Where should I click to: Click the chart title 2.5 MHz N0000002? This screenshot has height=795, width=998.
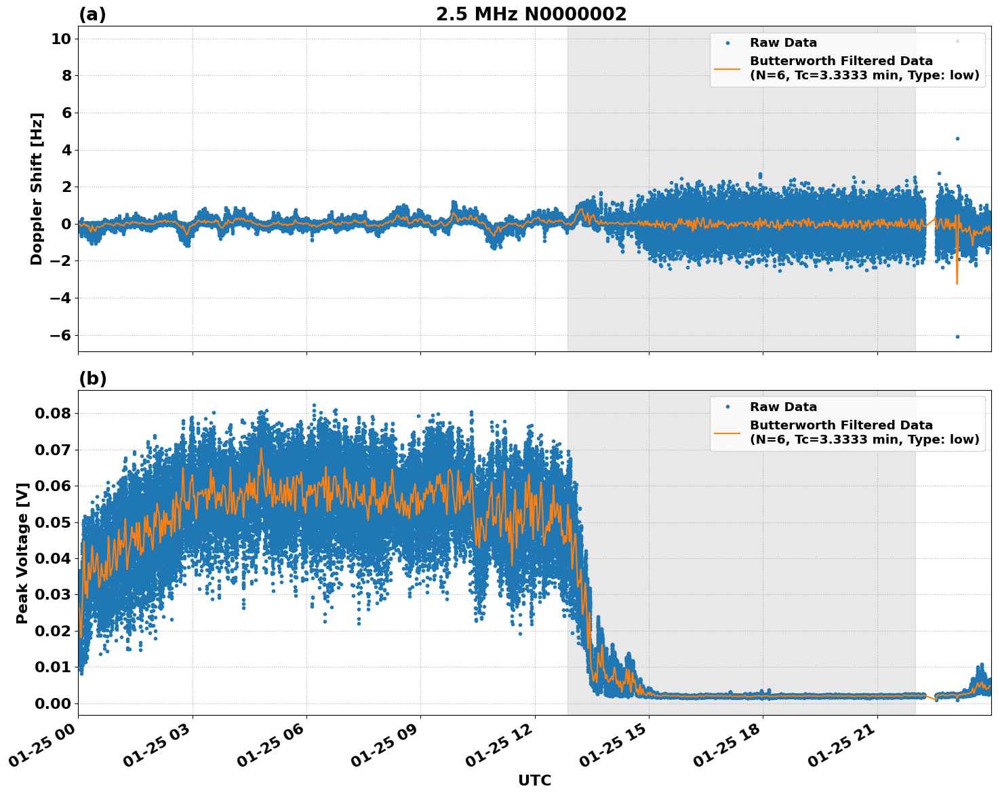point(531,14)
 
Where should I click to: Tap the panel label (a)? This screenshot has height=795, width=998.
point(92,14)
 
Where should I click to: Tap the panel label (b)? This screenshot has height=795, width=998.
point(92,379)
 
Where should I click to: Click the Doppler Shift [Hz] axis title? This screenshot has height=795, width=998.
point(37,189)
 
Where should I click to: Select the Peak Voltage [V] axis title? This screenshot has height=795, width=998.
point(22,553)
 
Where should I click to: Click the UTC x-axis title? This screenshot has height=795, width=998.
point(534,780)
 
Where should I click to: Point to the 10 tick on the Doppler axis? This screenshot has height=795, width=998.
point(61,39)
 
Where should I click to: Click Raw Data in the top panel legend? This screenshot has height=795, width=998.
point(783,43)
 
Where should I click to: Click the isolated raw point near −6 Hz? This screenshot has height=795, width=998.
point(957,336)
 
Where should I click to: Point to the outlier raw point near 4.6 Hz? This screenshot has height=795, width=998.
point(957,138)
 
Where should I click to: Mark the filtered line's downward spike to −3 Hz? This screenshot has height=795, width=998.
point(957,282)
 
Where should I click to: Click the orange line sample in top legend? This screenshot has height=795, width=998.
point(727,68)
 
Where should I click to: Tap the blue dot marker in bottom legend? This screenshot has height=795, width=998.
point(727,407)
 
